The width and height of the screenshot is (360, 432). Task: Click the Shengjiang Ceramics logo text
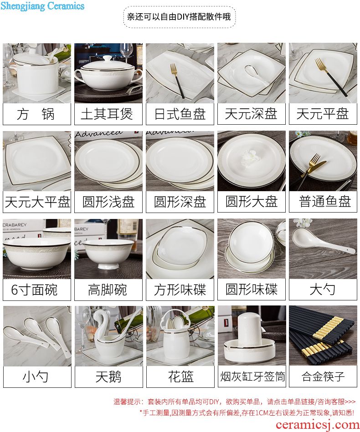point(42,5)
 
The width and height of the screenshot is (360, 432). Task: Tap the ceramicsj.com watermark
point(317,425)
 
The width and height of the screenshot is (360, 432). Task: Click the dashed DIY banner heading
point(179,17)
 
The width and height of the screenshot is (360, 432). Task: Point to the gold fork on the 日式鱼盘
point(177,80)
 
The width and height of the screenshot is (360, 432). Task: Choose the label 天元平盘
point(323,114)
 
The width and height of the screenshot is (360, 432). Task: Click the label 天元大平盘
point(37,202)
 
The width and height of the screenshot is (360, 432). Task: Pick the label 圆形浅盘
point(108,202)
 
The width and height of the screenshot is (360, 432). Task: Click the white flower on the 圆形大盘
point(251,158)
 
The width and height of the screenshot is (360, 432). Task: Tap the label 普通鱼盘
point(325,202)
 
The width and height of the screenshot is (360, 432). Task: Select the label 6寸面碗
point(34,290)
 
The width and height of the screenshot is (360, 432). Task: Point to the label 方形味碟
point(180,290)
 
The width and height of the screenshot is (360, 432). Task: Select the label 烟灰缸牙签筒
point(252,376)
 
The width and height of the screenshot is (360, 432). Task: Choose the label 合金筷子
point(323,376)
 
